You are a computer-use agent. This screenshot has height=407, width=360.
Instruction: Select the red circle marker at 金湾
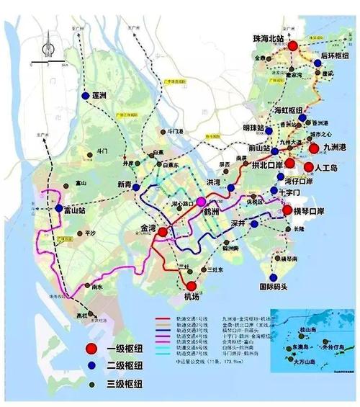coord(163,233)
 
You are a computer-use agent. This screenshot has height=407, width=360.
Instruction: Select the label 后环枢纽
coord(335,55)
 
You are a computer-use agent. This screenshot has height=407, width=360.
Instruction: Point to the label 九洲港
coord(336,147)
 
